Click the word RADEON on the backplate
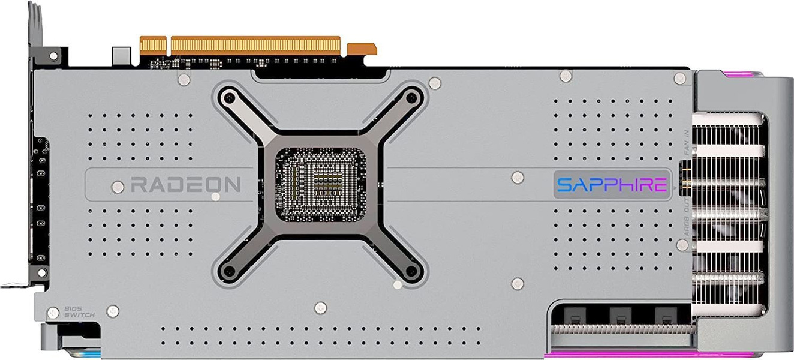pyautogui.click(x=185, y=184)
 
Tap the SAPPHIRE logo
pyautogui.click(x=612, y=184)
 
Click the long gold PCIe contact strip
pyautogui.click(x=255, y=45)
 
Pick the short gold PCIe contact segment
pyautogui.click(x=153, y=45)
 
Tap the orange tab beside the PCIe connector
pyautogui.click(x=362, y=49)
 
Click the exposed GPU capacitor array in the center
pyautogui.click(x=320, y=183)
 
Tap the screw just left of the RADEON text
pyautogui.click(x=118, y=187)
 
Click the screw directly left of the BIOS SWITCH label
pyautogui.click(x=53, y=312)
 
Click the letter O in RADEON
pyautogui.click(x=215, y=184)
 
